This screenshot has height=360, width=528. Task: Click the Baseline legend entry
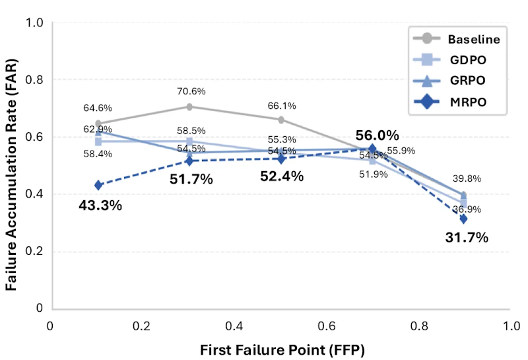[x=457, y=39]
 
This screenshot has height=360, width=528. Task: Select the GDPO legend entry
[x=450, y=59]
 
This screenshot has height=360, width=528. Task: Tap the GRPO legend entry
[x=449, y=81]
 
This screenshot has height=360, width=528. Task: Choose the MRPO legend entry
[x=450, y=102]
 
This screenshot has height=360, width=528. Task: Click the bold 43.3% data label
[x=100, y=205]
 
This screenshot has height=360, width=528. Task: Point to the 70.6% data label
[x=191, y=91]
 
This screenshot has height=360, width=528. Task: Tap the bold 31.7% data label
[x=467, y=237]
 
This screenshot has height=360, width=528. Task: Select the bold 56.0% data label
[x=377, y=135]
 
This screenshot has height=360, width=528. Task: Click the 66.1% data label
[x=282, y=106]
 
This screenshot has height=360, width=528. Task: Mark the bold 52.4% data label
[x=282, y=176]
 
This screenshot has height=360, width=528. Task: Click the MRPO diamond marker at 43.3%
[x=98, y=185]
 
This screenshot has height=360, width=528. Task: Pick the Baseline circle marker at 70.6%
[x=189, y=107]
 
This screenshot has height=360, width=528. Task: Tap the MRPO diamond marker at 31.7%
[x=464, y=219]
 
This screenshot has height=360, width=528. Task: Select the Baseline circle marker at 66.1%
[x=281, y=120]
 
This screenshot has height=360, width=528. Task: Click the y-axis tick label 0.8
[x=34, y=80]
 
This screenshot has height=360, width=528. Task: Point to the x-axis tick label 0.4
[x=234, y=326]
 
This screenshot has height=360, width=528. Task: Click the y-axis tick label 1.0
[x=34, y=23]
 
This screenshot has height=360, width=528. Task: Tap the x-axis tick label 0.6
[x=327, y=326]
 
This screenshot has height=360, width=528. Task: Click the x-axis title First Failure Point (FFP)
[x=282, y=350]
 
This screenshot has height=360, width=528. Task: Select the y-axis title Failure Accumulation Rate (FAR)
[x=11, y=174]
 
